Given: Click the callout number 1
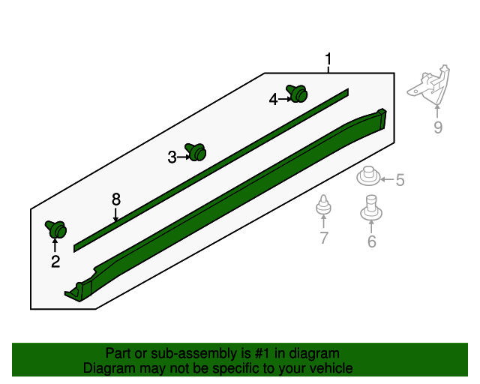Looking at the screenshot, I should (x=328, y=59).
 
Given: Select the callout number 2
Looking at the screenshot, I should (x=55, y=261).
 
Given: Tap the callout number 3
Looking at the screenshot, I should (x=172, y=157).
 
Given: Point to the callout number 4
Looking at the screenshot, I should (x=274, y=98).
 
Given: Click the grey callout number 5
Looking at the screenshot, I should (x=400, y=180).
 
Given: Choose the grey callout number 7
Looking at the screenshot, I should (x=324, y=238).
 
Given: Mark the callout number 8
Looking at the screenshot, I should (x=116, y=199).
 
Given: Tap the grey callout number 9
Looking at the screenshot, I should (x=438, y=127).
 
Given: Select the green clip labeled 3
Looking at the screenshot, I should (x=196, y=152).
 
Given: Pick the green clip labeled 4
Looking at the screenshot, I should (x=298, y=94).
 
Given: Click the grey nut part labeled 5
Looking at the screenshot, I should (x=367, y=178).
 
